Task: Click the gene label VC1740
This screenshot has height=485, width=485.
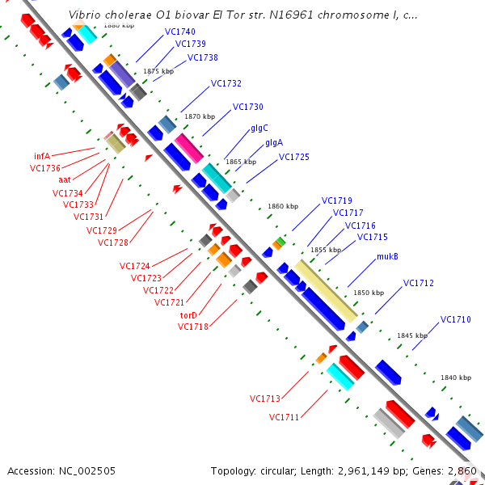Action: tap(179, 32)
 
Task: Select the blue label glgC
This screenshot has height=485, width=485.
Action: tap(259, 128)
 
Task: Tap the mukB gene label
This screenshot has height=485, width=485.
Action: tap(387, 257)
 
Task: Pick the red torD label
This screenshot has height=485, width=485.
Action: tap(188, 315)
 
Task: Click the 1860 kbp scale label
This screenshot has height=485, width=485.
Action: tap(283, 207)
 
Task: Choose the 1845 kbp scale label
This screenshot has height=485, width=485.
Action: tap(411, 335)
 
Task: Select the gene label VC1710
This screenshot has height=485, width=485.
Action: tap(455, 319)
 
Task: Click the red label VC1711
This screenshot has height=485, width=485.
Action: tap(285, 417)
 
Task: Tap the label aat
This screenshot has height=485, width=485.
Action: tap(65, 179)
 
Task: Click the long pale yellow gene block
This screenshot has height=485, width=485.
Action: tap(326, 290)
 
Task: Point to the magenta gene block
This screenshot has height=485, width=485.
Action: tap(189, 149)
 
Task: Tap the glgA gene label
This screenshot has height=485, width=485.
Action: tap(274, 143)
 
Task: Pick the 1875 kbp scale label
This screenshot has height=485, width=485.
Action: tap(158, 72)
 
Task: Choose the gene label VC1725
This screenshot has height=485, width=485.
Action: tap(293, 157)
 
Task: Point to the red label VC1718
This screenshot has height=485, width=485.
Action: tap(192, 327)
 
